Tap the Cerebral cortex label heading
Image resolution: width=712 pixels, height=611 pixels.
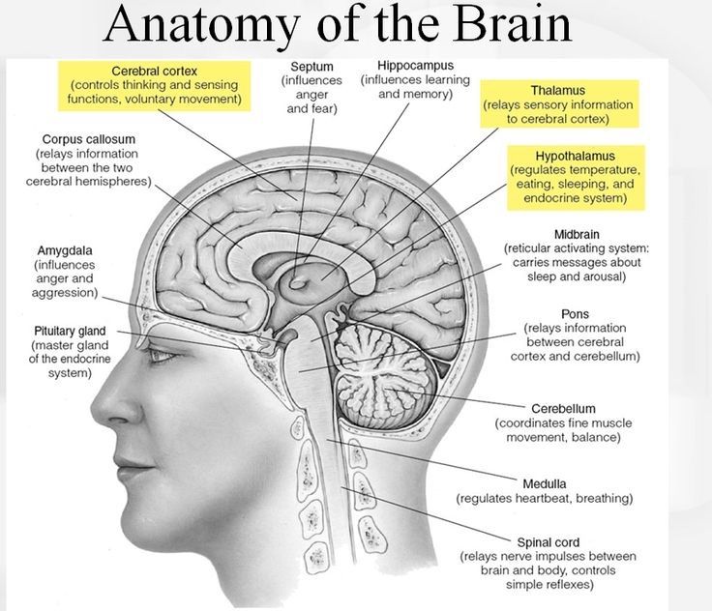click(155, 72)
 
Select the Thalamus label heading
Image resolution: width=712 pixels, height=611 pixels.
click(558, 90)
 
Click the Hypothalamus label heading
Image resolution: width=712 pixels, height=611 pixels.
click(576, 157)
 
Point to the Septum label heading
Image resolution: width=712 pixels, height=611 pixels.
click(311, 67)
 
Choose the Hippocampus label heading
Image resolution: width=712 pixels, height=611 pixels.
click(415, 66)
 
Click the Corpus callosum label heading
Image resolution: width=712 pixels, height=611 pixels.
click(89, 139)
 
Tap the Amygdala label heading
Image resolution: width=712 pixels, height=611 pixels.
click(65, 250)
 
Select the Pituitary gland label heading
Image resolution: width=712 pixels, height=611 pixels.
click(70, 331)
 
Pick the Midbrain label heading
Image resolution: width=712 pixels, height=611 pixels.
click(577, 235)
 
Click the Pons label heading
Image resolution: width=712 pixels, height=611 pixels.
click(575, 314)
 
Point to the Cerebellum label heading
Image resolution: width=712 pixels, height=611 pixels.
click(563, 409)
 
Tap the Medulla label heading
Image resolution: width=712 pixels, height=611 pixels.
click(544, 484)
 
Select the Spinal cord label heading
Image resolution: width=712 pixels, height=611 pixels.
click(549, 542)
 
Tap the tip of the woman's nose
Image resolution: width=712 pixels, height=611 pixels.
click(95, 405)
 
